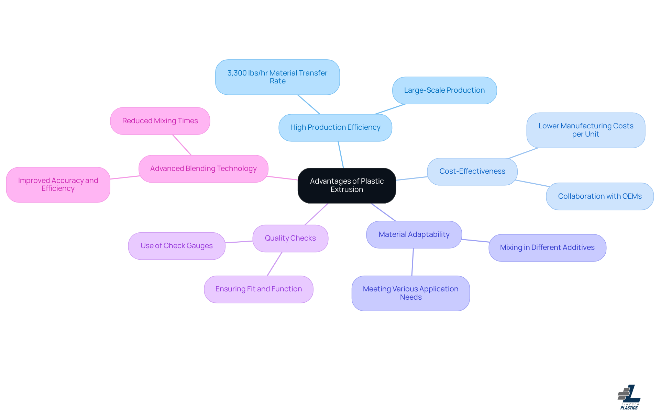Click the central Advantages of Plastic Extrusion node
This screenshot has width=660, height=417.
pyautogui.click(x=346, y=185)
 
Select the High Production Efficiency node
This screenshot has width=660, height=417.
pyautogui.click(x=335, y=127)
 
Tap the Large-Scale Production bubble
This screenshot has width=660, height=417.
pyautogui.click(x=444, y=90)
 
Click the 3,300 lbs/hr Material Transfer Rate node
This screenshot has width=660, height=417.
pyautogui.click(x=277, y=77)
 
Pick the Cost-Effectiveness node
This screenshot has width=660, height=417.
pyautogui.click(x=472, y=171)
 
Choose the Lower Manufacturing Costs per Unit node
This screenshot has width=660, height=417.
pyautogui.click(x=585, y=130)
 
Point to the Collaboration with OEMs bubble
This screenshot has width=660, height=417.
pyautogui.click(x=599, y=196)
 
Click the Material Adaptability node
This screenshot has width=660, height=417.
pyautogui.click(x=414, y=234)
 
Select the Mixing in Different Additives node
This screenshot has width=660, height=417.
pyautogui.click(x=547, y=247)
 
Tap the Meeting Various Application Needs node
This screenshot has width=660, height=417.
pyautogui.click(x=410, y=293)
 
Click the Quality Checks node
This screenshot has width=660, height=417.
pyautogui.click(x=290, y=238)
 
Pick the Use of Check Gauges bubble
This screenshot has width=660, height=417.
pyautogui.click(x=176, y=246)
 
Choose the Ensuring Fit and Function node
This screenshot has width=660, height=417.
pyautogui.click(x=258, y=289)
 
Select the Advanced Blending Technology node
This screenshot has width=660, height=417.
pyautogui.click(x=203, y=169)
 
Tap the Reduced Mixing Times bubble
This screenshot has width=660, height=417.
pyautogui.click(x=160, y=121)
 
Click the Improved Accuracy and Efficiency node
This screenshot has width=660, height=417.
pyautogui.click(x=58, y=185)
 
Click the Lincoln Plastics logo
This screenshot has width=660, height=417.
pyautogui.click(x=629, y=397)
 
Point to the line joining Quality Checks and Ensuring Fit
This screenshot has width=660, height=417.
pyautogui.click(x=274, y=264)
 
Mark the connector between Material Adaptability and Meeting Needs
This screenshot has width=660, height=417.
pyautogui.click(x=412, y=262)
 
